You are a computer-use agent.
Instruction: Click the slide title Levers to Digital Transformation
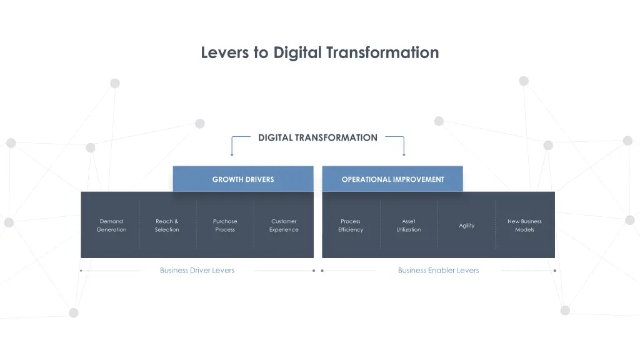(x=320, y=52)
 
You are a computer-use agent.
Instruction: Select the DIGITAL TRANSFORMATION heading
(x=317, y=137)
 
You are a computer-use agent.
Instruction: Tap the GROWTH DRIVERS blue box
(x=243, y=179)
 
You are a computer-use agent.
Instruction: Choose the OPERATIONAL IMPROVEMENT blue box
(x=392, y=179)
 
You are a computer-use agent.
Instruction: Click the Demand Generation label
(x=111, y=226)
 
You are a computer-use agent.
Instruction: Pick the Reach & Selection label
(x=167, y=226)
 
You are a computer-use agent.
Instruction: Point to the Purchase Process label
(x=225, y=226)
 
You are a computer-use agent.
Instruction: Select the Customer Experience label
(x=284, y=226)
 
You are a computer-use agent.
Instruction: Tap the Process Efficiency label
(x=351, y=226)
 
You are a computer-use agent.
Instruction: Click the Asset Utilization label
(x=409, y=226)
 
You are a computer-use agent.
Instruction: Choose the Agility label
(x=467, y=226)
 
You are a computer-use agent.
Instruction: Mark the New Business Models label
(x=524, y=226)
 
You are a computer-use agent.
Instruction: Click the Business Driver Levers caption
(x=197, y=271)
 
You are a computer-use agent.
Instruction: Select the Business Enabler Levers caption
(x=438, y=271)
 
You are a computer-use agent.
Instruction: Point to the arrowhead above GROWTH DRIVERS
(x=232, y=154)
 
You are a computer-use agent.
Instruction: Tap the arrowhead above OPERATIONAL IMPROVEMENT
(x=404, y=154)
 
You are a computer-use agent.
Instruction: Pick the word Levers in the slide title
(x=226, y=52)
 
